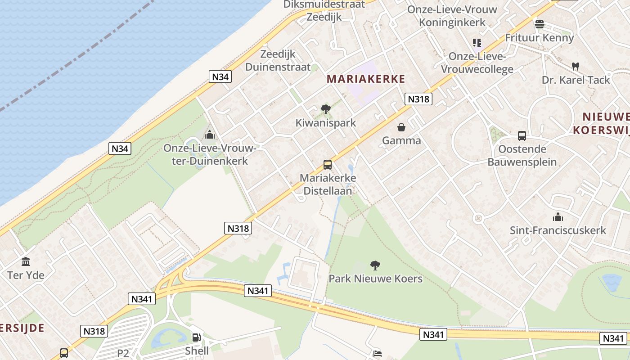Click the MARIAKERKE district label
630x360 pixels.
(366, 79)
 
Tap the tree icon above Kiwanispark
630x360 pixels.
(326, 109)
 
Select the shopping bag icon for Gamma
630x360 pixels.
(401, 127)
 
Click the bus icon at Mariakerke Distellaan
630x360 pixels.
(328, 165)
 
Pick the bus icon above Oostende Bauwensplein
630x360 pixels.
(522, 135)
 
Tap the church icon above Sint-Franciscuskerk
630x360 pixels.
(558, 217)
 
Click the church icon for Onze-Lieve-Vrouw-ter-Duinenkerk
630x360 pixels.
(209, 135)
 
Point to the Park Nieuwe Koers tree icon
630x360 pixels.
(375, 265)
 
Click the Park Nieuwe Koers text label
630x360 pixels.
(376, 279)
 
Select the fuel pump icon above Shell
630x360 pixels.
(197, 337)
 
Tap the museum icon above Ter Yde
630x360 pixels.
(26, 261)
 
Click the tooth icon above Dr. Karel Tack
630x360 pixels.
(575, 66)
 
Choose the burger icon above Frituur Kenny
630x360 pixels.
(539, 24)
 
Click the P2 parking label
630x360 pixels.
(123, 353)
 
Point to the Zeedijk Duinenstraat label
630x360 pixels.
(278, 60)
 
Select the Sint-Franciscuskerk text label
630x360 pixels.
(558, 230)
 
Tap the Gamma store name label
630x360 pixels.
(401, 140)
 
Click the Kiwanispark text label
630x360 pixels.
(326, 122)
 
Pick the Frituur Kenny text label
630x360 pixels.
(540, 38)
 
